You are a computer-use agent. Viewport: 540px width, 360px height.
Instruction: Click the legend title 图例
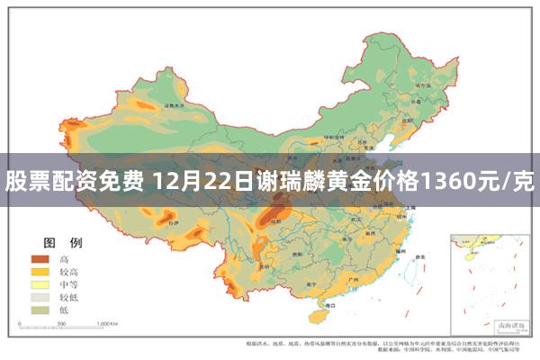63,243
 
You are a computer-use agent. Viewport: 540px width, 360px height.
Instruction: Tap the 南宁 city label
309,286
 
